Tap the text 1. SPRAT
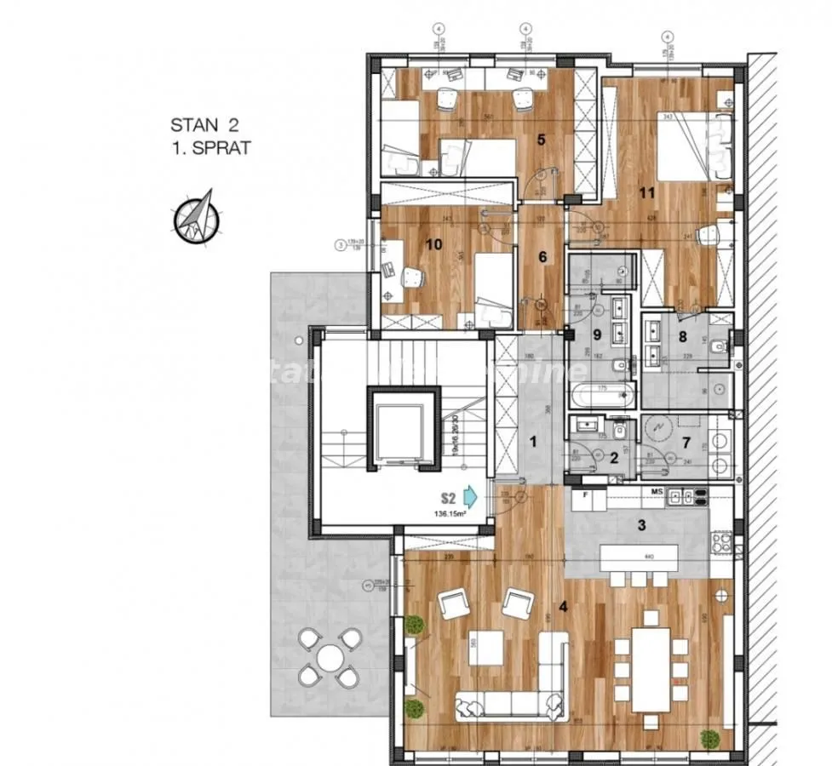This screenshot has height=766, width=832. pos(210,148)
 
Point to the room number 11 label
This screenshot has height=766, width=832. pos(648,193)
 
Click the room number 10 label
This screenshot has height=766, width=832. pos(433,244)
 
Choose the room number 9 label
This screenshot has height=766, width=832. pos(597,334)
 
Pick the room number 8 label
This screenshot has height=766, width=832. pos(681,334)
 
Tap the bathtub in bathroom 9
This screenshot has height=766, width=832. pos(603,394)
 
